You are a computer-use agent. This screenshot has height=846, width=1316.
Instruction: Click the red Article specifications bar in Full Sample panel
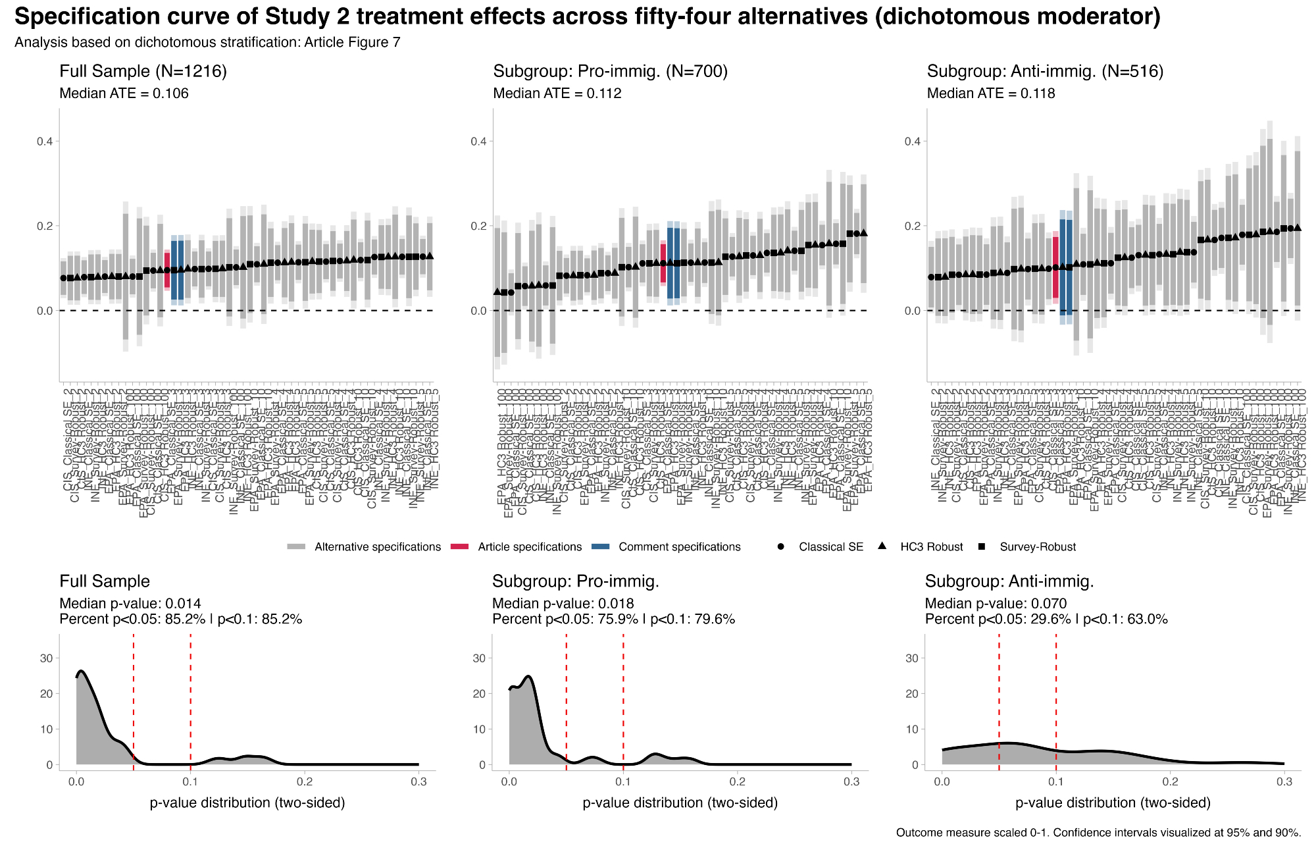[167, 270]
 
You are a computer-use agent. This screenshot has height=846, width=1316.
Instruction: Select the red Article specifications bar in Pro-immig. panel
[663, 263]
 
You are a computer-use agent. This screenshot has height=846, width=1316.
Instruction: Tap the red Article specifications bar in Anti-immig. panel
[1055, 267]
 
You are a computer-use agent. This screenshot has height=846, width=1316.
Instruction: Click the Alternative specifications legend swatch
[297, 547]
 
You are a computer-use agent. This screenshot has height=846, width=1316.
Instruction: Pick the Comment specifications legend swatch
[601, 547]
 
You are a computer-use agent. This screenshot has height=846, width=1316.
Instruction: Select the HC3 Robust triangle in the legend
[882, 546]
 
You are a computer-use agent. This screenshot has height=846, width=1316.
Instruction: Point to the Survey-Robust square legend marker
[982, 547]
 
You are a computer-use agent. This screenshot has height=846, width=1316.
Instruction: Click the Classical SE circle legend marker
[781, 547]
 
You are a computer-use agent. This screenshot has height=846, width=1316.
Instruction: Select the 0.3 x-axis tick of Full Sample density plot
[418, 781]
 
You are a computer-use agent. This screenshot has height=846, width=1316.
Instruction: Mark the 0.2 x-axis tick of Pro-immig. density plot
[737, 781]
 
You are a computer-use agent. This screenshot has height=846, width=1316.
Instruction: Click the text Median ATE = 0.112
[557, 93]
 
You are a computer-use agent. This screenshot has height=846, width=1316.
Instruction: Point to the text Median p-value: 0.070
[996, 604]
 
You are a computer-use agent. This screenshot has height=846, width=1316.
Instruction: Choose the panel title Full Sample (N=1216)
[143, 71]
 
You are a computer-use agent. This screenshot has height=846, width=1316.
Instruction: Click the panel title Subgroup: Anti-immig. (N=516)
[1045, 71]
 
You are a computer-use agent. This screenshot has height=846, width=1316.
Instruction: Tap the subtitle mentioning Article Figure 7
[207, 43]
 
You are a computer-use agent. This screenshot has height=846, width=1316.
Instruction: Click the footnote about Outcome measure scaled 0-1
[1098, 833]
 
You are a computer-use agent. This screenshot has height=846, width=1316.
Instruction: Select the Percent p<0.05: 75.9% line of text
[613, 619]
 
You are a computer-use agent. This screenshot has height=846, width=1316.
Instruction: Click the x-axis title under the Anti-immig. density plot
[1113, 803]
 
